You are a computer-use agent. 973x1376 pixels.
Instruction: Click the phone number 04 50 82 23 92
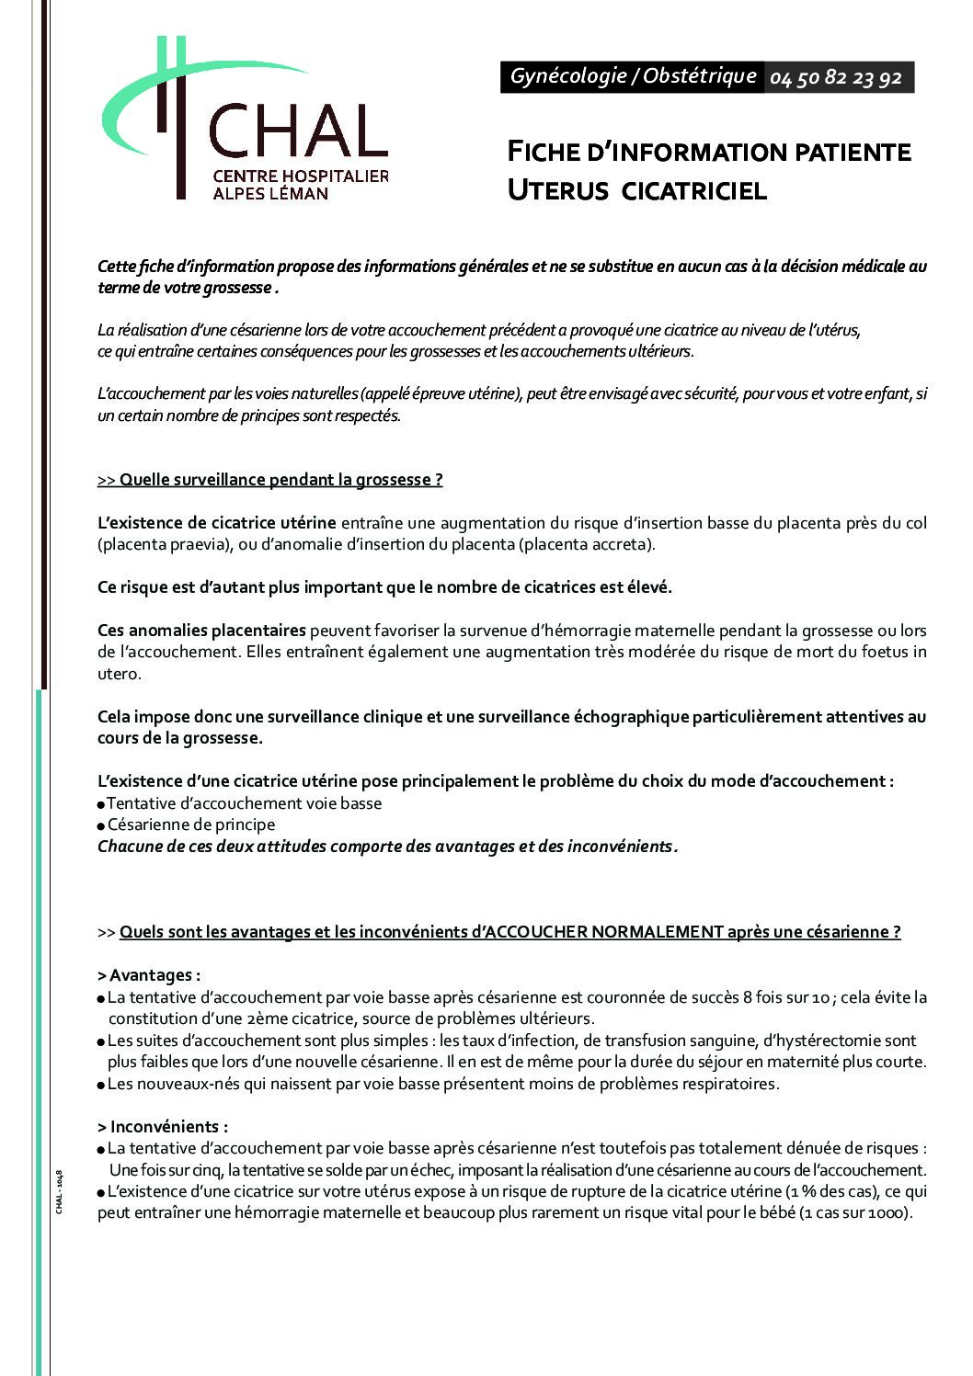(836, 78)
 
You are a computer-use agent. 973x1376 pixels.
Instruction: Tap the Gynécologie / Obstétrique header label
(633, 76)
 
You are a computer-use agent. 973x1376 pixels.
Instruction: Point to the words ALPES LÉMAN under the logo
(270, 194)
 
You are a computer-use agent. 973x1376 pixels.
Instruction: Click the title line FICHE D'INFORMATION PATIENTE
(709, 152)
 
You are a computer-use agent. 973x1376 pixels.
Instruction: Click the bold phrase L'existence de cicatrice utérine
(217, 523)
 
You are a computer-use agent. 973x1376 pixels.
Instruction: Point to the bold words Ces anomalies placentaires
(202, 631)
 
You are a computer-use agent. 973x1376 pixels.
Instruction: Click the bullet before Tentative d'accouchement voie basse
(101, 804)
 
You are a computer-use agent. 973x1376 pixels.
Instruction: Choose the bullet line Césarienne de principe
(190, 824)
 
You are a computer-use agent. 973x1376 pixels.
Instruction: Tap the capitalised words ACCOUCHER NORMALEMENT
(603, 932)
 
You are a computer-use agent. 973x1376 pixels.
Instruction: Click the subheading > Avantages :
(149, 975)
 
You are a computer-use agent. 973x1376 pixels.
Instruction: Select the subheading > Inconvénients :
(163, 1127)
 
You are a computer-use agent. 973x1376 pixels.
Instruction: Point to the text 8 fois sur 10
(787, 997)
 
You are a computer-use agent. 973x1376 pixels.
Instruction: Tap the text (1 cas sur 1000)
(855, 1213)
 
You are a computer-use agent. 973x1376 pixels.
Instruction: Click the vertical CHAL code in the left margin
(59, 1192)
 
